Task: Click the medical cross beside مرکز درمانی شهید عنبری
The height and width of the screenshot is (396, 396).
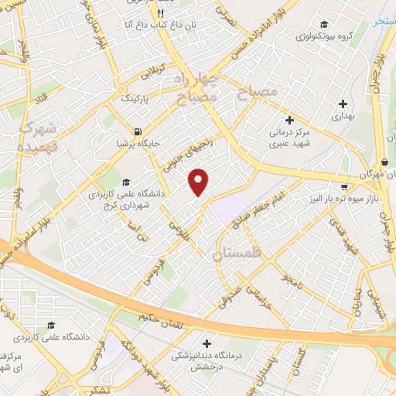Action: pos(289,120)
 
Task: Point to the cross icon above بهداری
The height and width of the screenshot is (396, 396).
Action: pos(343,103)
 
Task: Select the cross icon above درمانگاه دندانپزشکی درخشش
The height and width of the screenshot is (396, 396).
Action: pos(207,343)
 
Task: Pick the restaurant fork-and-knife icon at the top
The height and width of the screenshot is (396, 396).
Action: pos(160,13)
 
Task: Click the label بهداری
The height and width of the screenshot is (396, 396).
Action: pos(342,117)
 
